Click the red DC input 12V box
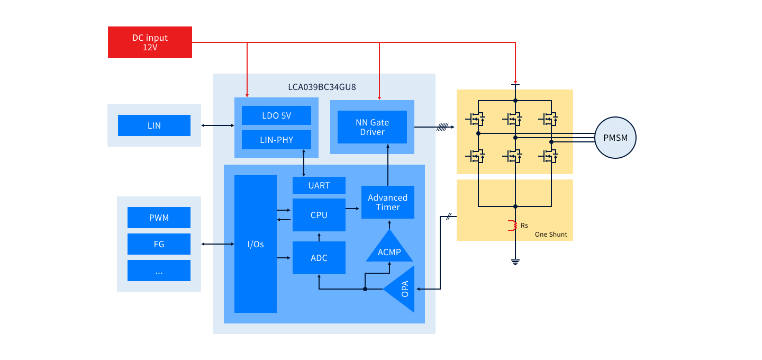pos(150,42)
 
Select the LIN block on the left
pos(154,125)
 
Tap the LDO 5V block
pos(276,115)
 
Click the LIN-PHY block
pos(276,140)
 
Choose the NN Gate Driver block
pos(372,127)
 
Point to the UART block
pos(319,185)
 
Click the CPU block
pos(319,215)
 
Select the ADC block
pos(319,258)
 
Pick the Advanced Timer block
pos(387,202)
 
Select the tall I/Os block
pos(255,244)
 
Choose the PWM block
pos(159,218)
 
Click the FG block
pos(159,244)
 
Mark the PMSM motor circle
pos(615,138)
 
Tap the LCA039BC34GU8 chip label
pos(322,87)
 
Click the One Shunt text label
pos(551,234)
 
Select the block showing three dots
pos(159,271)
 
